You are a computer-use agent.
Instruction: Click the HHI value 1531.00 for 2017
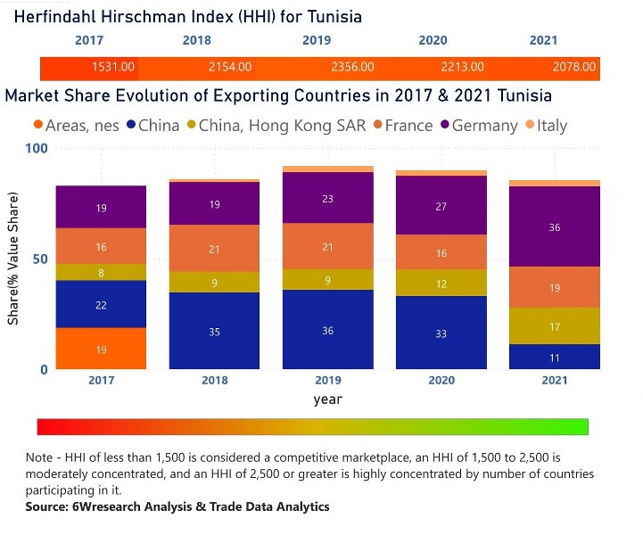pos(113,67)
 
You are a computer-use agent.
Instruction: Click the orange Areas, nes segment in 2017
pos(101,349)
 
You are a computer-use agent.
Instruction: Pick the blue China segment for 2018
pos(214,331)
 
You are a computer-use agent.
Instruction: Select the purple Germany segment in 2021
pos(555,226)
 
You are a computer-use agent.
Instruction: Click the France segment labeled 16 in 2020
pos(441,252)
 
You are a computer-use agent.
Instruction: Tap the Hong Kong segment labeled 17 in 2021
pos(555,326)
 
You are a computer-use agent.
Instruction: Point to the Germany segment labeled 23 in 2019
pos(328,198)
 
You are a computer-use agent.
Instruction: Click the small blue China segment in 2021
pos(555,357)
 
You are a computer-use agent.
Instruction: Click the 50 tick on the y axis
pos(39,259)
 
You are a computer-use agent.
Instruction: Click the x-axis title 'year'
pos(328,399)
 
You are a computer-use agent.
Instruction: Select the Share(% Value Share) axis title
pos(13,259)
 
